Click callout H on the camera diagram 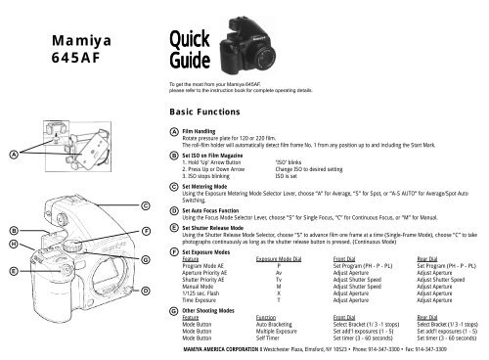[x=12, y=242]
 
